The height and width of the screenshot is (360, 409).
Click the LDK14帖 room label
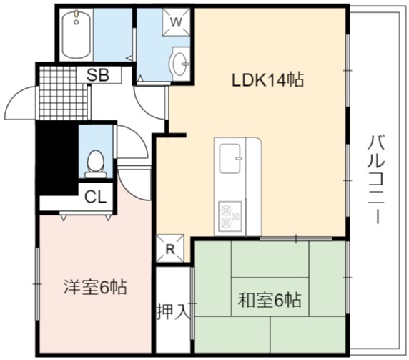(268, 79)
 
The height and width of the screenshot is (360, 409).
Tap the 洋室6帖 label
(96, 287)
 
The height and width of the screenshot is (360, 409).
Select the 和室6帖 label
(270, 300)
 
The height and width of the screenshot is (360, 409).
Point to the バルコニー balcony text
(377, 180)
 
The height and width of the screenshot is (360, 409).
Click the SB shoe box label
(97, 75)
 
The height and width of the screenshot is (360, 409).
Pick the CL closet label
(96, 197)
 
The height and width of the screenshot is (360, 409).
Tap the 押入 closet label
(172, 312)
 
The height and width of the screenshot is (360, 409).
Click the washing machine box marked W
(176, 22)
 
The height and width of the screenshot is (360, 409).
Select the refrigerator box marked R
(169, 249)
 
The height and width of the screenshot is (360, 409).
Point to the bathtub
(77, 34)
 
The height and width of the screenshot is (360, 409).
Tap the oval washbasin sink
(179, 64)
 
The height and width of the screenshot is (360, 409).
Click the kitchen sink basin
(230, 158)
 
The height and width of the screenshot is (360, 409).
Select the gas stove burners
(230, 216)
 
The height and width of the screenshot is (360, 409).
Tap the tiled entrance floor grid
(64, 92)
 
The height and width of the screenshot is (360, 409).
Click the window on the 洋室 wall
(37, 283)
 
